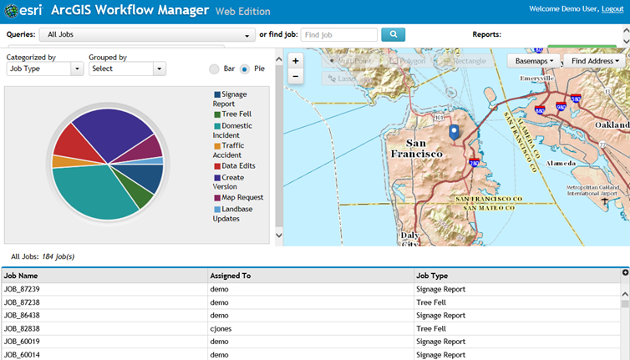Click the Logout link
pos(612,9)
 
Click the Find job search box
pos(338,35)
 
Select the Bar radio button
pos(215,68)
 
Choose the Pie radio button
pos(245,68)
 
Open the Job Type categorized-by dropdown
pos(44,68)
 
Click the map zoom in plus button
pos(295,61)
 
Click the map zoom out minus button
pos(295,76)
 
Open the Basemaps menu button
pos(533,61)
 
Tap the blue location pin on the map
pos(454,132)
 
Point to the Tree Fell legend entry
pos(236,114)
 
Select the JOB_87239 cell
pos(23,288)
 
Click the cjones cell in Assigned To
pos(221,328)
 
